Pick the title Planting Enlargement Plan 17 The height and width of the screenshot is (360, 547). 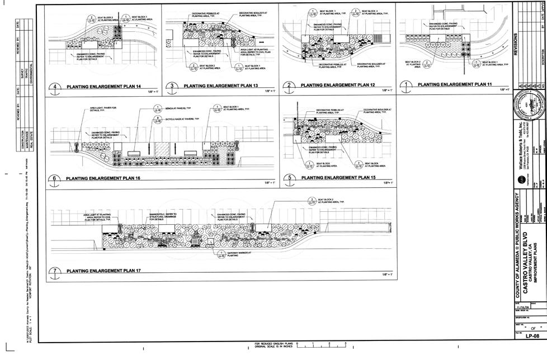pos(105,271)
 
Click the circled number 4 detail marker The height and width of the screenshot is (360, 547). pos(55,87)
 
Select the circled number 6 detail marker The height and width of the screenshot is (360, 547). pos(55,178)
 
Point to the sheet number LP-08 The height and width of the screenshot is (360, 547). pos(531,336)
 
